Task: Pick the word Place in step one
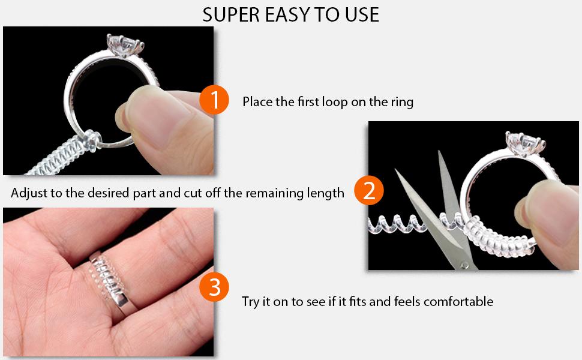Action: (x=257, y=102)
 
